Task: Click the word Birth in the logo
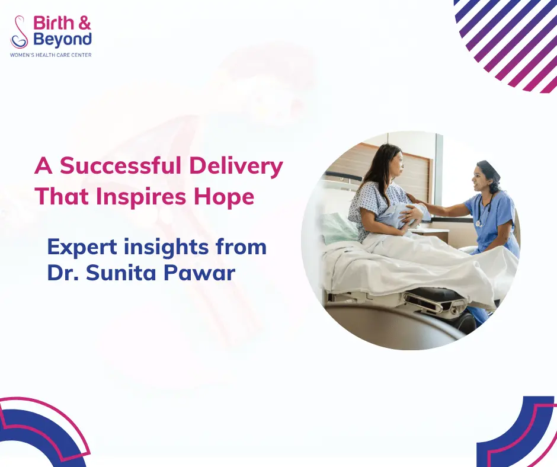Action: click(x=53, y=23)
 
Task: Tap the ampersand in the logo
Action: click(x=84, y=23)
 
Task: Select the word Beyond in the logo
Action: click(x=63, y=40)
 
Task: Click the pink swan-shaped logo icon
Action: click(x=19, y=31)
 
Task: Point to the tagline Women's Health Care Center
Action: click(x=51, y=55)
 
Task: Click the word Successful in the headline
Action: click(x=121, y=166)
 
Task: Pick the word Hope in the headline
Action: click(x=224, y=197)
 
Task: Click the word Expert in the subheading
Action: click(x=82, y=248)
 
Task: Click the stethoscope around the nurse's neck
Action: click(x=483, y=210)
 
